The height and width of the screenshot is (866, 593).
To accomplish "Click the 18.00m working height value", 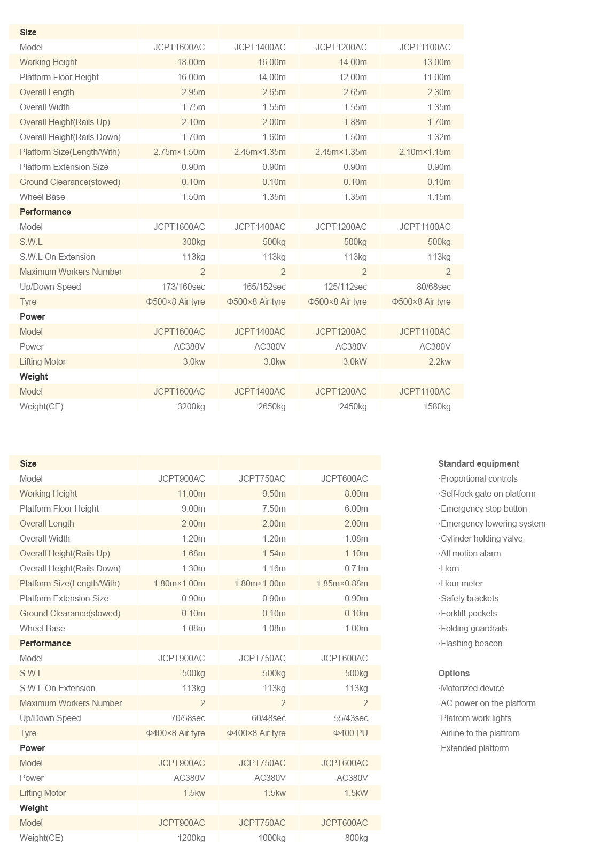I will [191, 62].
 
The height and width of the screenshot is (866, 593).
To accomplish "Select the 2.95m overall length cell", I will [193, 92].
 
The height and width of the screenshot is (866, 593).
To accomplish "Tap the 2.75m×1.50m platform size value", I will [179, 152].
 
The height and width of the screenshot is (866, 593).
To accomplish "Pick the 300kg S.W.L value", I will [193, 242].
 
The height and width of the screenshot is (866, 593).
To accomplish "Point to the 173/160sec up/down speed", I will [183, 287].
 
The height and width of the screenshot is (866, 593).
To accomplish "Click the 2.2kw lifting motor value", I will [439, 361].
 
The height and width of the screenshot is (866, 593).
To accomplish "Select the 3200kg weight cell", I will [191, 406].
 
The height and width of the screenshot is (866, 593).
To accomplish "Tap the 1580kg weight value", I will [436, 406].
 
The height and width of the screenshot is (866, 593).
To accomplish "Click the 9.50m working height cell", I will [274, 493].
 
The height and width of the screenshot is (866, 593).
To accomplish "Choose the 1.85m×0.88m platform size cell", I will [342, 583].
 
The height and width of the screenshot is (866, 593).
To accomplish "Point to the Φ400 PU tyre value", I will [350, 733].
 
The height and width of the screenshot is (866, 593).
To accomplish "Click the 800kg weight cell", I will [356, 838].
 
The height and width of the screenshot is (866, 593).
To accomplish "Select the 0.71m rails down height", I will [356, 568].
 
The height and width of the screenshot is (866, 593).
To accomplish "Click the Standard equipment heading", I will [478, 463].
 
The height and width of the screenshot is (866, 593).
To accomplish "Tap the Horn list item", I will [449, 568].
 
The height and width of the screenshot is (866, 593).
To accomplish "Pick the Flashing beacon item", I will [471, 643].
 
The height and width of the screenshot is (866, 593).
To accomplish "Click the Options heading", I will [454, 673].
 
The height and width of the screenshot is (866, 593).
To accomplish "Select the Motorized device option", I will [472, 688].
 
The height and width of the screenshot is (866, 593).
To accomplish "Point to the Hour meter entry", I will [461, 583].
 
